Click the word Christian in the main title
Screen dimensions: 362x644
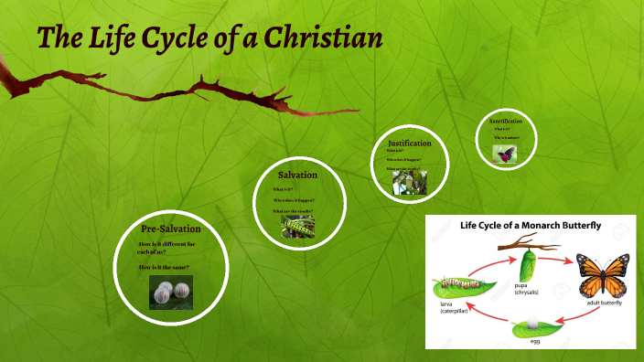pos(316,38)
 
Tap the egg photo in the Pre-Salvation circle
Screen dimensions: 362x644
pos(171,292)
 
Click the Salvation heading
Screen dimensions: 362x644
pos(297,175)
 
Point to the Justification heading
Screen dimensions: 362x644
pos(409,144)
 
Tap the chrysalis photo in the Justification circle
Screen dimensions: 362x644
pos(409,183)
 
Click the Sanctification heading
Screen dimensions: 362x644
pos(505,121)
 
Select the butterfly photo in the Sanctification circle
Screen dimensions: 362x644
pos(504,155)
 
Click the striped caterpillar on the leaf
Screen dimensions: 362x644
pos(460,283)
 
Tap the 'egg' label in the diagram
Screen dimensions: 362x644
pos(534,343)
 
